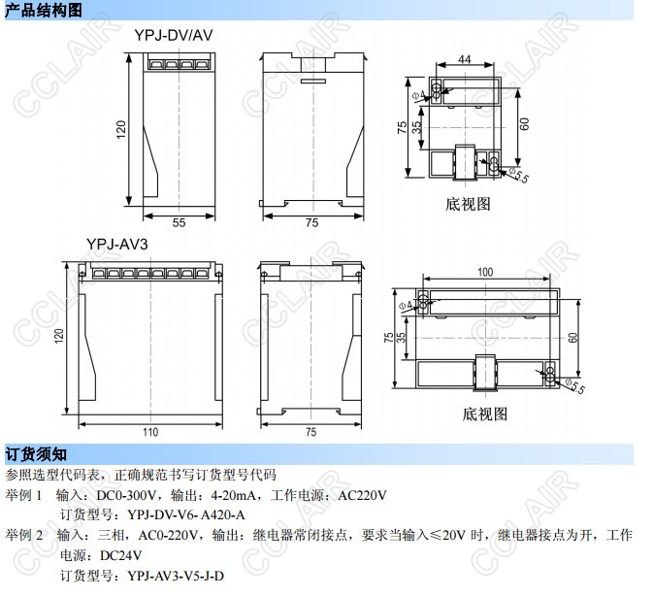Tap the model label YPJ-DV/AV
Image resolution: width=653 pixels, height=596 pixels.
174,35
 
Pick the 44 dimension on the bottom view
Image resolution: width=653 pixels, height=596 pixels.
465,60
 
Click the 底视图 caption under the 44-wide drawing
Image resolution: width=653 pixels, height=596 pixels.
469,205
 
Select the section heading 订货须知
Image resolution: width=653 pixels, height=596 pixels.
37,454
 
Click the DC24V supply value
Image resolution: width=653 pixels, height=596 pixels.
118,556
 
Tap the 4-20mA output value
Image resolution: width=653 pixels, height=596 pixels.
228,495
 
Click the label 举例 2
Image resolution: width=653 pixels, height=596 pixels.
25,535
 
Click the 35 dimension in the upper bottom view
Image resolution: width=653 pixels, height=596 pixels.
416,125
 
